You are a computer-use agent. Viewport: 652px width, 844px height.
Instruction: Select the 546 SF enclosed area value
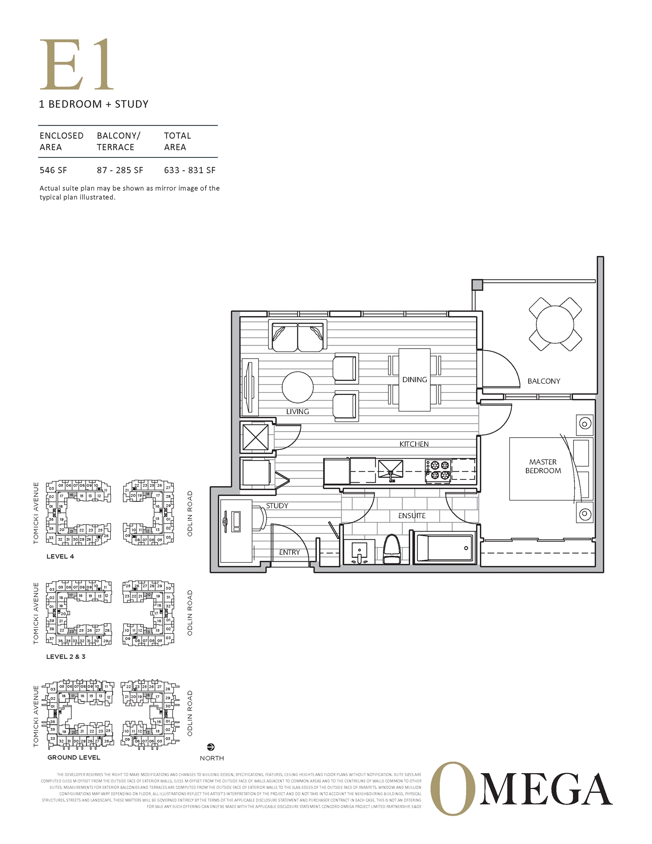(53, 170)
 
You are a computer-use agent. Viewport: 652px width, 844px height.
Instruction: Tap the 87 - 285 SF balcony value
(120, 170)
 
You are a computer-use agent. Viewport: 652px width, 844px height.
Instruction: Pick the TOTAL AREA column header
(177, 141)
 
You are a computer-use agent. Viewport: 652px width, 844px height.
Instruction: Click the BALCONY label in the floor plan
(544, 381)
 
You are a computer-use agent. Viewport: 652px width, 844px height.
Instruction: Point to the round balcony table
(555, 324)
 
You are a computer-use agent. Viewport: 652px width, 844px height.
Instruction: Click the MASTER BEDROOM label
(543, 466)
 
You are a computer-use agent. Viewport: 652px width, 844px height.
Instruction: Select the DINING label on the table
(414, 379)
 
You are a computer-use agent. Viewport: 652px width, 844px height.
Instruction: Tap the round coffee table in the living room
(298, 387)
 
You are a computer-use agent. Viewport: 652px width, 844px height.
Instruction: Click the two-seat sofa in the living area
(298, 337)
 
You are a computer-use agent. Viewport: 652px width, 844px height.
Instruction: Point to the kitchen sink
(390, 470)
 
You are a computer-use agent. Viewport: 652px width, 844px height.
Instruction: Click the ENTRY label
(289, 552)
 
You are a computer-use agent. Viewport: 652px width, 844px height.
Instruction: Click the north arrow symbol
(211, 747)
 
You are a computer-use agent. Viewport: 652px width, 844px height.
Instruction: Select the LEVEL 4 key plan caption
(60, 556)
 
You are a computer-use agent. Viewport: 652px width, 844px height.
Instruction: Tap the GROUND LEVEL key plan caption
(74, 757)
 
